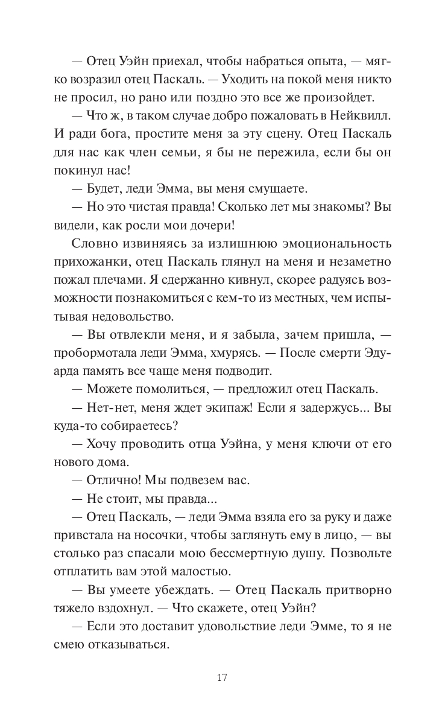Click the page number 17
point(222,677)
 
